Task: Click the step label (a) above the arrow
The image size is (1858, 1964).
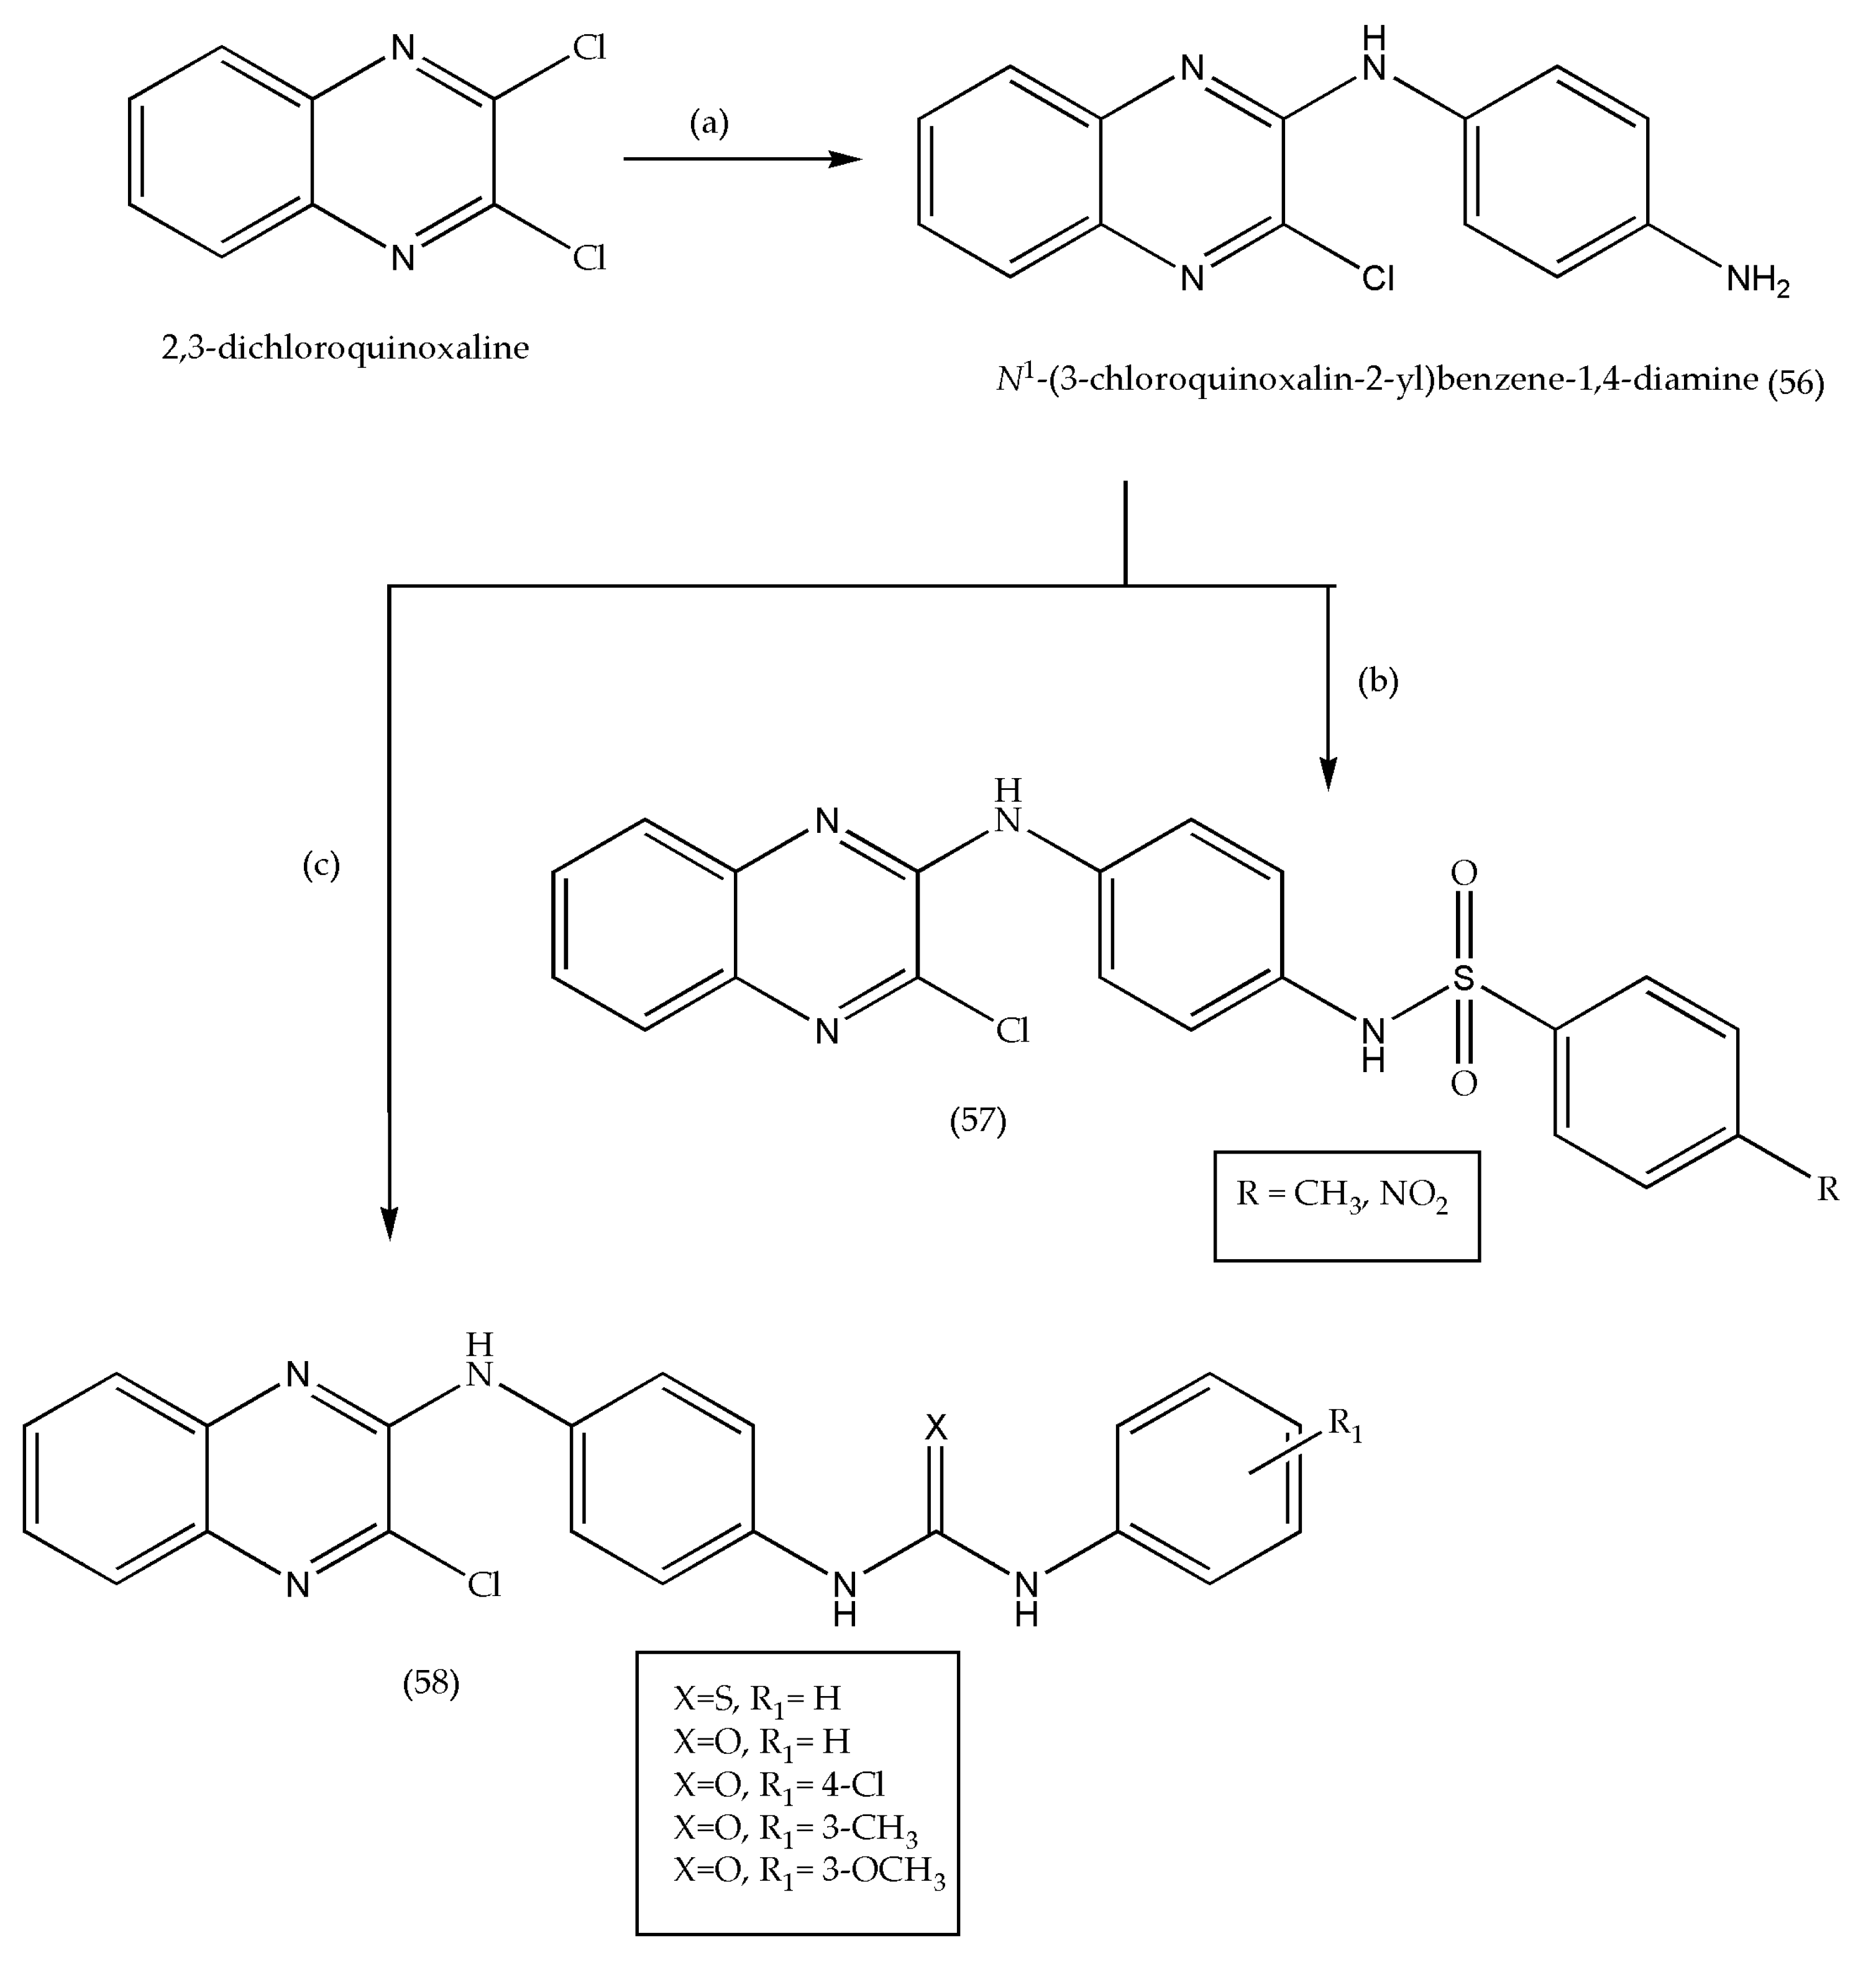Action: click(x=708, y=123)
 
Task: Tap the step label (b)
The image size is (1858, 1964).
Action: click(x=1378, y=681)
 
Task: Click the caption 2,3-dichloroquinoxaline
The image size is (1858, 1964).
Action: click(x=345, y=347)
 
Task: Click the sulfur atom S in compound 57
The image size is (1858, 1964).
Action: click(x=1463, y=978)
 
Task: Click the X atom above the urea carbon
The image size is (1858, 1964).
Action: click(x=936, y=1427)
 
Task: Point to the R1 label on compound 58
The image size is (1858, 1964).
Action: click(x=1345, y=1425)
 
